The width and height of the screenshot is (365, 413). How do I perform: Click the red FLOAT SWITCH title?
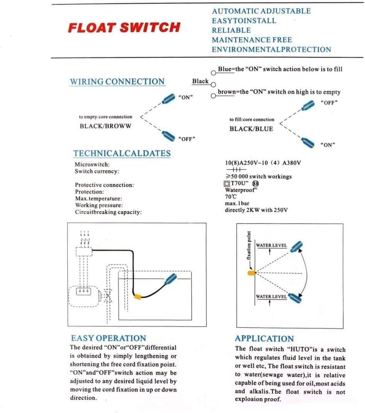pyautogui.click(x=124, y=28)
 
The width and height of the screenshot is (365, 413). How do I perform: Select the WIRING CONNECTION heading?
pyautogui.click(x=117, y=82)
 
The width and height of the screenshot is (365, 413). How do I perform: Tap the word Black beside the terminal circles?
pyautogui.click(x=200, y=81)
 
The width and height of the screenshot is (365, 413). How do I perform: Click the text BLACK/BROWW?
pyautogui.click(x=105, y=126)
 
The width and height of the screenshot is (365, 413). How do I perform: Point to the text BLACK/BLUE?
pyautogui.click(x=251, y=129)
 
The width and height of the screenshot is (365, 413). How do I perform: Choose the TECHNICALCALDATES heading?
pyautogui.click(x=122, y=153)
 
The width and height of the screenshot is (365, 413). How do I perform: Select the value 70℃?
pyautogui.click(x=231, y=196)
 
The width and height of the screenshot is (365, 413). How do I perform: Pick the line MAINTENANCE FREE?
pyautogui.click(x=251, y=40)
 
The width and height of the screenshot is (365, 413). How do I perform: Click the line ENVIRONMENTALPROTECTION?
pyautogui.click(x=271, y=49)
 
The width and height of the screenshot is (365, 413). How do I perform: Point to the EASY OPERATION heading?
pyautogui.click(x=109, y=338)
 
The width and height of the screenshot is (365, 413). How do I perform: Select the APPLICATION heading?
pyautogui.click(x=264, y=339)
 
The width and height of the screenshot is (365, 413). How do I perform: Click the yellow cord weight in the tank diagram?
pyautogui.click(x=137, y=297)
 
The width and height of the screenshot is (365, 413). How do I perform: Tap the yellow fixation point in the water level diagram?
pyautogui.click(x=251, y=273)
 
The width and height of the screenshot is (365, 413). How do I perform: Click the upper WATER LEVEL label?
pyautogui.click(x=272, y=245)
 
